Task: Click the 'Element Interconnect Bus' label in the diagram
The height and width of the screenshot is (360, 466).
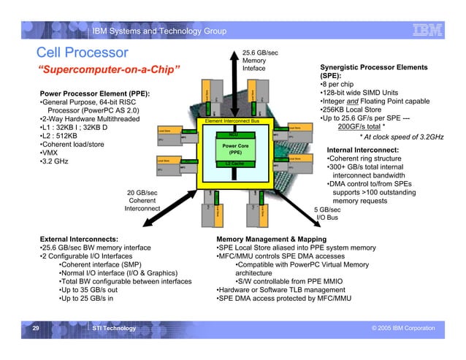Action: click(x=232, y=120)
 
